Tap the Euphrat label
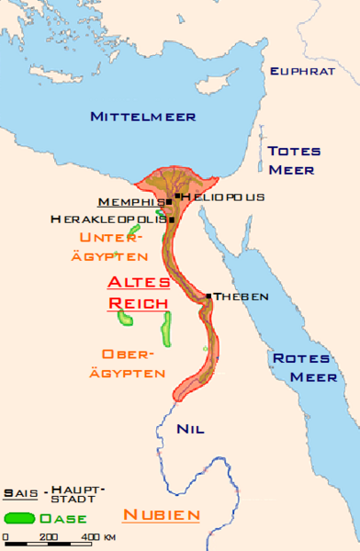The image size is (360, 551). pos(298,70)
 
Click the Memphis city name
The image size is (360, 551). pos(130,201)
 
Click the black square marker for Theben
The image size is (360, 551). pos(209,296)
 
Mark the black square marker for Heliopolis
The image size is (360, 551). pos(177,196)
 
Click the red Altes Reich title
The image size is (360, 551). pos(138,291)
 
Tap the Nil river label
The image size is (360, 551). pos(190,429)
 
